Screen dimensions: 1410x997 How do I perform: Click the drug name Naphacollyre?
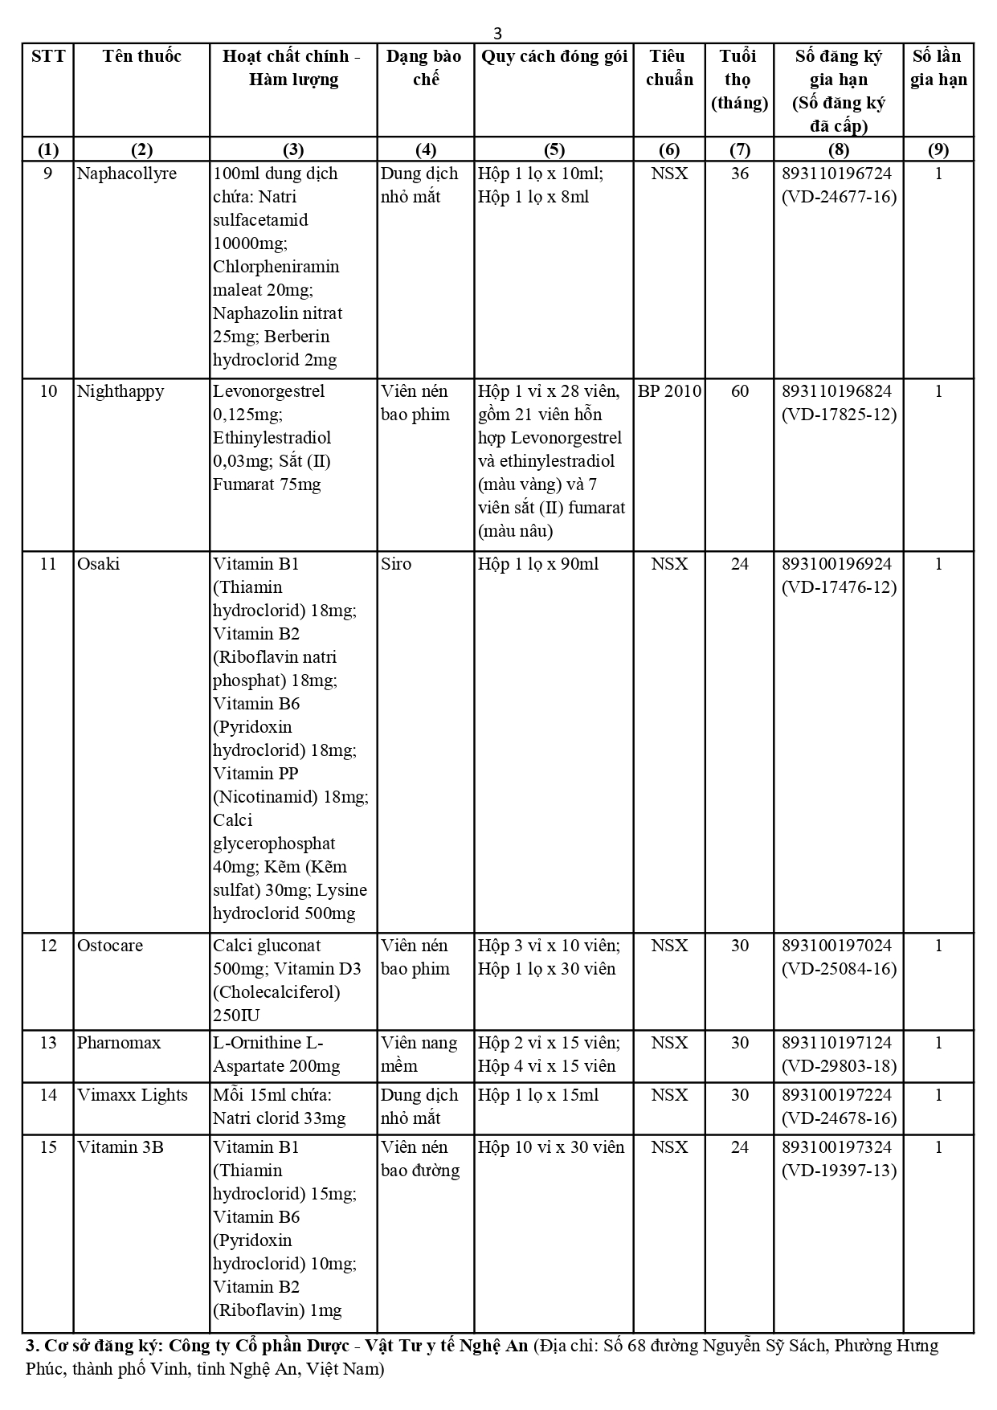tap(126, 174)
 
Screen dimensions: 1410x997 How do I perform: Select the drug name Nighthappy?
tap(120, 391)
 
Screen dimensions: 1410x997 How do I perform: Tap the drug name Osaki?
tap(98, 564)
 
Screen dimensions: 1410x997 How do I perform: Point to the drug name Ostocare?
tap(110, 946)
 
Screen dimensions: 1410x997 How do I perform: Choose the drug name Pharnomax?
tap(118, 1043)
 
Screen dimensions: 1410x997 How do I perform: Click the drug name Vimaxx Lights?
tap(132, 1095)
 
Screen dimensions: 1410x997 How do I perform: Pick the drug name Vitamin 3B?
tap(120, 1147)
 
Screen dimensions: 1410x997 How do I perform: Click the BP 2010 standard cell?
tap(669, 391)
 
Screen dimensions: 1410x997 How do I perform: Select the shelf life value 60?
tap(739, 391)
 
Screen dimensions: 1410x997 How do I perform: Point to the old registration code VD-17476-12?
tap(839, 587)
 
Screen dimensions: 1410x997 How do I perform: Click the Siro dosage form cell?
tap(395, 564)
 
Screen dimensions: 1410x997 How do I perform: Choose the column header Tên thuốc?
tap(141, 56)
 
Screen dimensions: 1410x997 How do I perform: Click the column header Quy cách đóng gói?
tap(554, 56)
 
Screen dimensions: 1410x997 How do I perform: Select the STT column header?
tap(48, 56)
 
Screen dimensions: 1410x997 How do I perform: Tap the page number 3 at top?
tap(497, 34)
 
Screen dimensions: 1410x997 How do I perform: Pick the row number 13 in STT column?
tap(48, 1043)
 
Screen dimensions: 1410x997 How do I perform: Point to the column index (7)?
tap(739, 149)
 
